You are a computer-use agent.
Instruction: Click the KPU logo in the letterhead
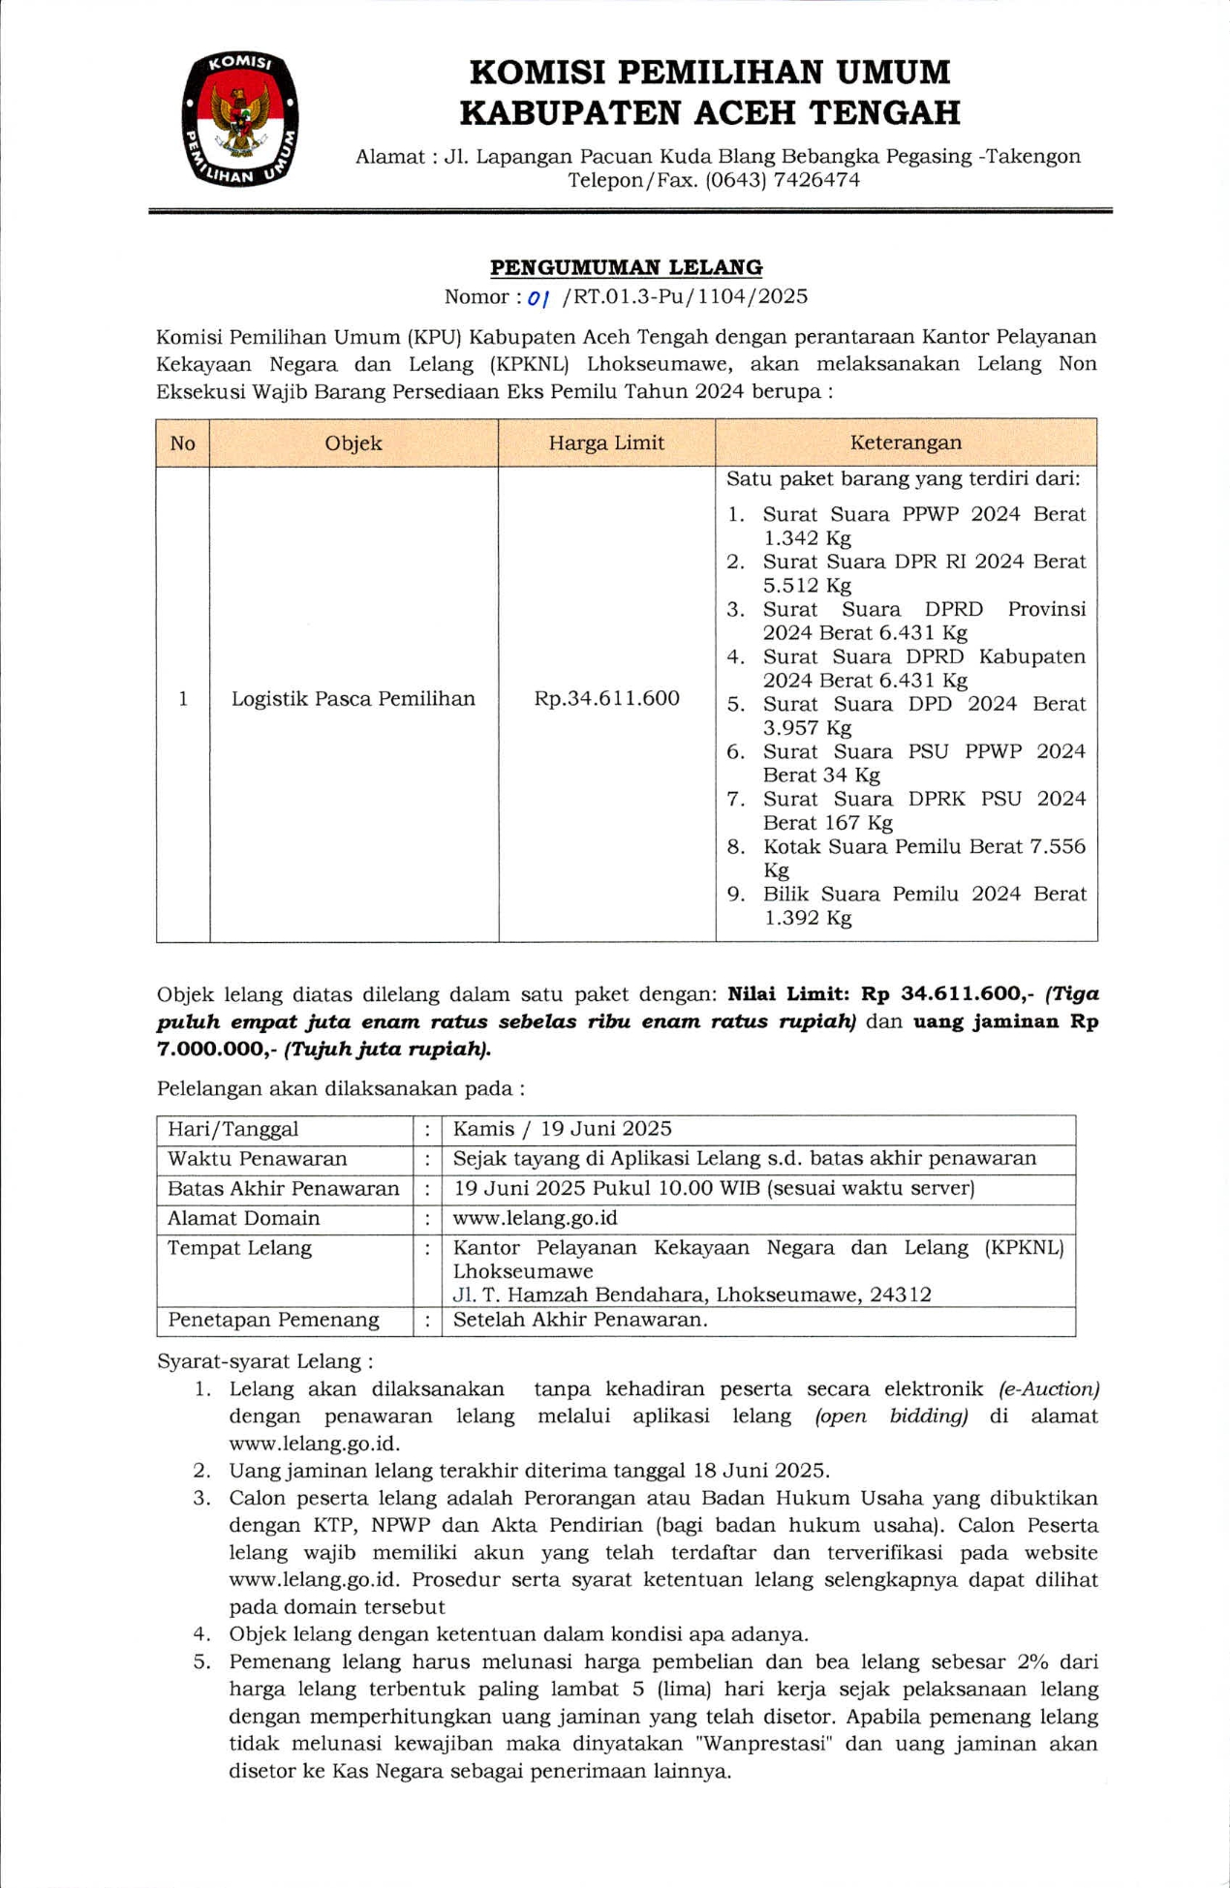[x=239, y=119]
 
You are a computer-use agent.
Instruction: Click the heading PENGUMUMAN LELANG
[x=626, y=267]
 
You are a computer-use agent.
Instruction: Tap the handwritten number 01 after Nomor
[x=538, y=298]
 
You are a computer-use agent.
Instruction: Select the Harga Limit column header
[x=606, y=443]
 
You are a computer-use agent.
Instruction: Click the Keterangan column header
[x=906, y=442]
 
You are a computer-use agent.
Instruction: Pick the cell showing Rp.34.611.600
[x=606, y=699]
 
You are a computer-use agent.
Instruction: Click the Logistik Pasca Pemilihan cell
[x=354, y=699]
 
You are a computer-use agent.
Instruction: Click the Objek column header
[x=354, y=443]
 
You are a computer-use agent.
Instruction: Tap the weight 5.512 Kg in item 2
[x=807, y=586]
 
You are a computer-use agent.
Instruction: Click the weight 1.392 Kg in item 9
[x=807, y=918]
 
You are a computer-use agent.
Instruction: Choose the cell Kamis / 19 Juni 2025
[x=562, y=1129]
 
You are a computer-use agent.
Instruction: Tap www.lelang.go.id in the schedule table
[x=535, y=1218]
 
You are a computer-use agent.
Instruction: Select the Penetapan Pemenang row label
[x=273, y=1321]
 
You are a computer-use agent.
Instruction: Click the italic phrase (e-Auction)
[x=1049, y=1389]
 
